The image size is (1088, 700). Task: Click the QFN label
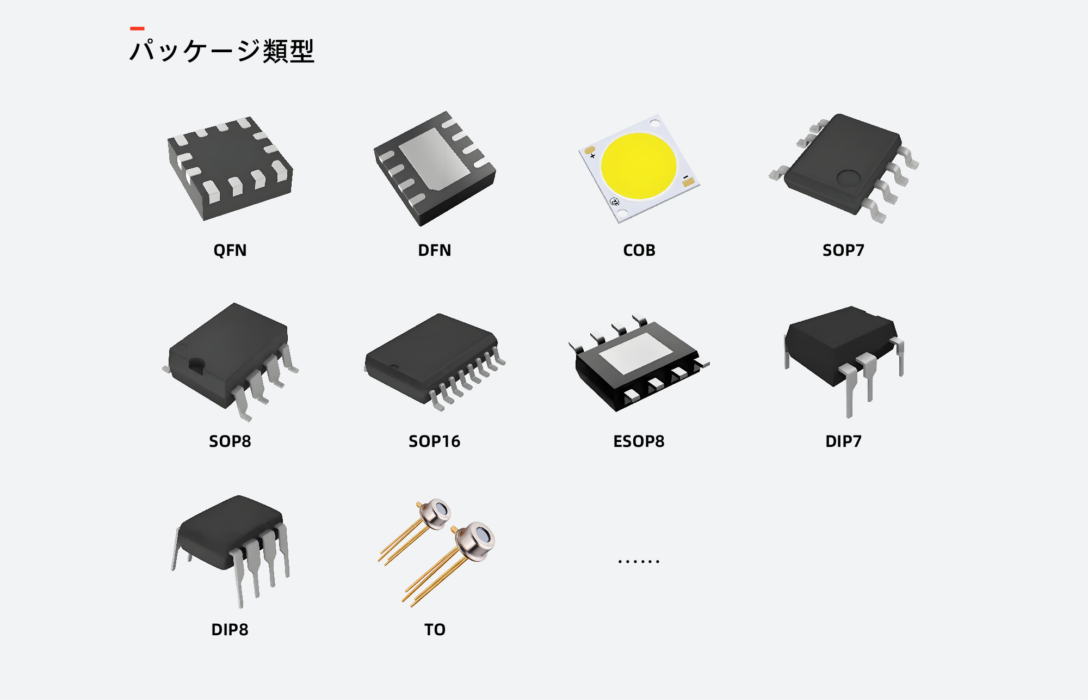[230, 250]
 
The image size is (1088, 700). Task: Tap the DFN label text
[434, 250]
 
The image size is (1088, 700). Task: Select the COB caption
[639, 250]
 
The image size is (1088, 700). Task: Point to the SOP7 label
[843, 250]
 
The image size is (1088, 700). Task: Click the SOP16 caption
[434, 441]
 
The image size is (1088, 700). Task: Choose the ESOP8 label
[639, 441]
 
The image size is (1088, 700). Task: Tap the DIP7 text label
[843, 441]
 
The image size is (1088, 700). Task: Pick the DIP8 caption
[230, 629]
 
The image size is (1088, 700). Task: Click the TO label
[435, 629]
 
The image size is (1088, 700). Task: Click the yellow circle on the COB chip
[639, 165]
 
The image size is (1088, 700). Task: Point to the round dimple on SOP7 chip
[848, 177]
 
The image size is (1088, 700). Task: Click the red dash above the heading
[137, 28]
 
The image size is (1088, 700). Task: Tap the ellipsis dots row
[639, 561]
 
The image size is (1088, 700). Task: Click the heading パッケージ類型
[222, 51]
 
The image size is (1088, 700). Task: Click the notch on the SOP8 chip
[196, 365]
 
